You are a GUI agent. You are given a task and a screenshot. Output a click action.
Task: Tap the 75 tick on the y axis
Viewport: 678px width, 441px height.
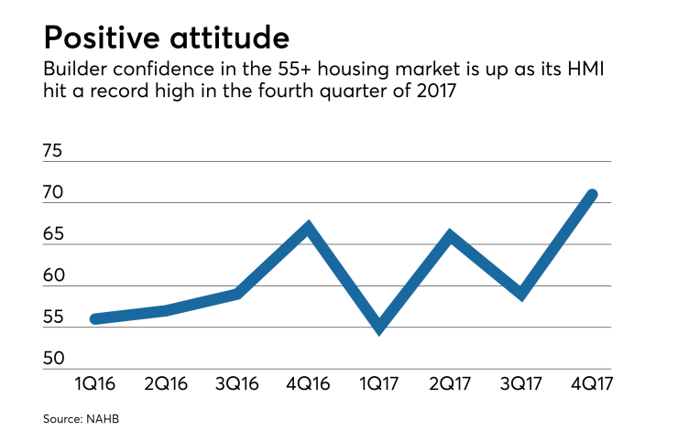tap(55, 151)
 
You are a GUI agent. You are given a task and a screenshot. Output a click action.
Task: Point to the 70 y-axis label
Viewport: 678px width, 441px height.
tap(55, 193)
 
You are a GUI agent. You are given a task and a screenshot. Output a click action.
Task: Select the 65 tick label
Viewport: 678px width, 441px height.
tap(55, 234)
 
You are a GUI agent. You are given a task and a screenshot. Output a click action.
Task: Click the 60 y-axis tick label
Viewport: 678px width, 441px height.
tap(55, 276)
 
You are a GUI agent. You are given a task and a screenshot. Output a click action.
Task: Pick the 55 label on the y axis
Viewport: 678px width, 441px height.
tap(55, 317)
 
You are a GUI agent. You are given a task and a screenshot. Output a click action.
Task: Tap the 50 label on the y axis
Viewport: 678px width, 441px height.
tap(55, 360)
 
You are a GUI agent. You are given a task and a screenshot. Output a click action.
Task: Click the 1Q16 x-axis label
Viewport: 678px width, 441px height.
tap(93, 383)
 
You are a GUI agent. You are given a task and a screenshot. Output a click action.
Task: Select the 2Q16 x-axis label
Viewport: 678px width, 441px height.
tap(165, 383)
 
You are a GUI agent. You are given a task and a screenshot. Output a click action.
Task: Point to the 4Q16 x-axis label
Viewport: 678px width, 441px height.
tap(308, 383)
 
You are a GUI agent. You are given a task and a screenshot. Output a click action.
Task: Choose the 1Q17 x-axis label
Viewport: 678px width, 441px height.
tap(378, 383)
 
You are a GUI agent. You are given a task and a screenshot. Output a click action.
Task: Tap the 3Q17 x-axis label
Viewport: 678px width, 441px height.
tap(520, 383)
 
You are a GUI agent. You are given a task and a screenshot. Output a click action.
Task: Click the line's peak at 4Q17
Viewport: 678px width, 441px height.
tap(593, 195)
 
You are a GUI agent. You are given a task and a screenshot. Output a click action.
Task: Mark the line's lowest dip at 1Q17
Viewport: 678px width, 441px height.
tap(379, 328)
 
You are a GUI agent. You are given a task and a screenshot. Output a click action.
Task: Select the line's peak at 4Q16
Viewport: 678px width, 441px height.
tap(309, 227)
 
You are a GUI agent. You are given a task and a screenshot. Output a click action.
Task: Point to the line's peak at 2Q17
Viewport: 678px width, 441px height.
tap(450, 236)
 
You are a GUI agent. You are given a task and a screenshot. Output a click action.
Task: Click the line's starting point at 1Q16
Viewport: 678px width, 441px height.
tap(95, 319)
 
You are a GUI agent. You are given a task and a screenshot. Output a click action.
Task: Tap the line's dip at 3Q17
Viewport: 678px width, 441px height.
tap(521, 294)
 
